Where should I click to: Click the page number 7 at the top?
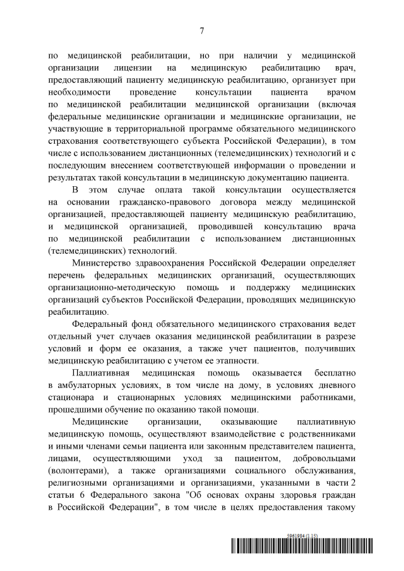(x=201, y=30)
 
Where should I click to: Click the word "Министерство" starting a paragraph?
(x=103, y=263)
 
